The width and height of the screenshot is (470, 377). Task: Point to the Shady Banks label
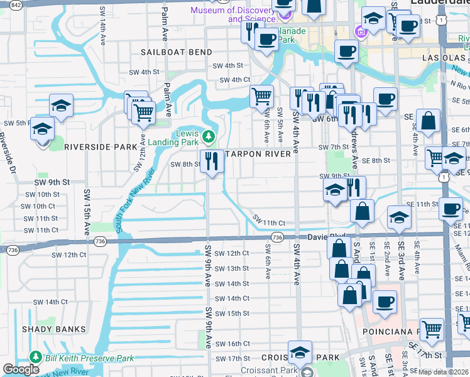point(53,329)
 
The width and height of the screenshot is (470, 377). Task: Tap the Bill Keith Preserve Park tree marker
point(36,358)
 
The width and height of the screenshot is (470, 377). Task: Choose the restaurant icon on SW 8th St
point(212,162)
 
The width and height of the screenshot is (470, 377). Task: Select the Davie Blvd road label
point(327,237)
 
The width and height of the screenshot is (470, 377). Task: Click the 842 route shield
point(16,5)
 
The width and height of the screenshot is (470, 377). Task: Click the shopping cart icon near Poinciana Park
point(432,330)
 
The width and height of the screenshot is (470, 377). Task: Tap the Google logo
point(21,369)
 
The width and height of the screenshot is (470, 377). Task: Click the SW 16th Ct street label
point(232,344)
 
